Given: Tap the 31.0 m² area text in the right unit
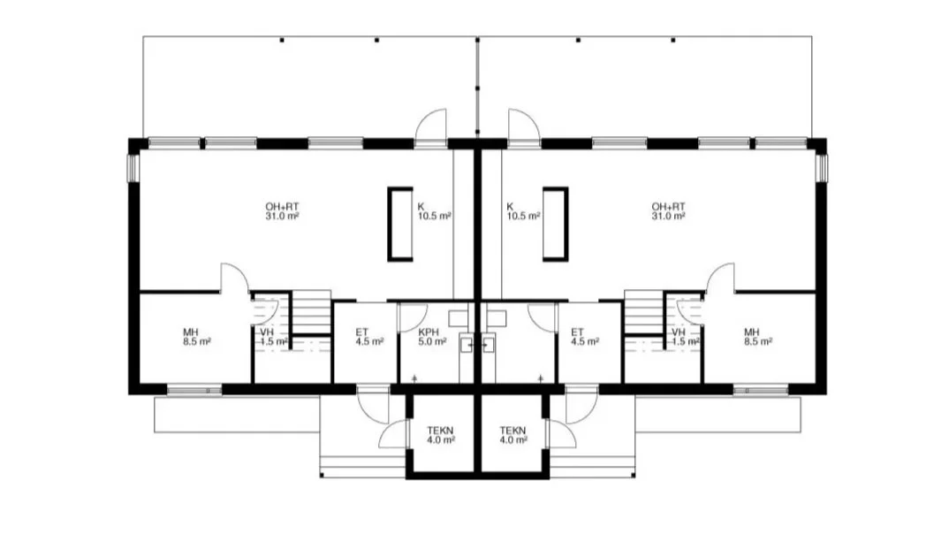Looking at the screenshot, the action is point(668,216).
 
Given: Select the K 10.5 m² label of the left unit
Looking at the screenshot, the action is point(434,211).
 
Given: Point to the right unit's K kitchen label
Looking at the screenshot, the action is point(523,211).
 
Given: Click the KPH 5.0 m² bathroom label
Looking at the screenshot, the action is point(432,337).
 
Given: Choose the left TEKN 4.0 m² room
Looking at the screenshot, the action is point(441,435).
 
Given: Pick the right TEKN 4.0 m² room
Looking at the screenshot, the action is point(512,435).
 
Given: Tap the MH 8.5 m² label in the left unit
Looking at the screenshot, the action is point(197,337).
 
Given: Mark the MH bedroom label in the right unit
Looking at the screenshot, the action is point(758,337).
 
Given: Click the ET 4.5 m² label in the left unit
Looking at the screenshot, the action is point(369,337).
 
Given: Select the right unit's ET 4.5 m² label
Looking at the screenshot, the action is point(585,337).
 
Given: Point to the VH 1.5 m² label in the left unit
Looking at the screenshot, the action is point(274,337).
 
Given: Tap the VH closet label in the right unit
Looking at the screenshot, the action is point(685,337).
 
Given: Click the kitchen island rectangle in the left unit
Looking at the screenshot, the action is point(400,224).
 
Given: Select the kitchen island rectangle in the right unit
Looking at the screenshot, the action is point(555,224).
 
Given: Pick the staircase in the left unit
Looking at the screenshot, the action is point(312,313).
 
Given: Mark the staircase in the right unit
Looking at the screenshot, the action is point(644,313).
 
